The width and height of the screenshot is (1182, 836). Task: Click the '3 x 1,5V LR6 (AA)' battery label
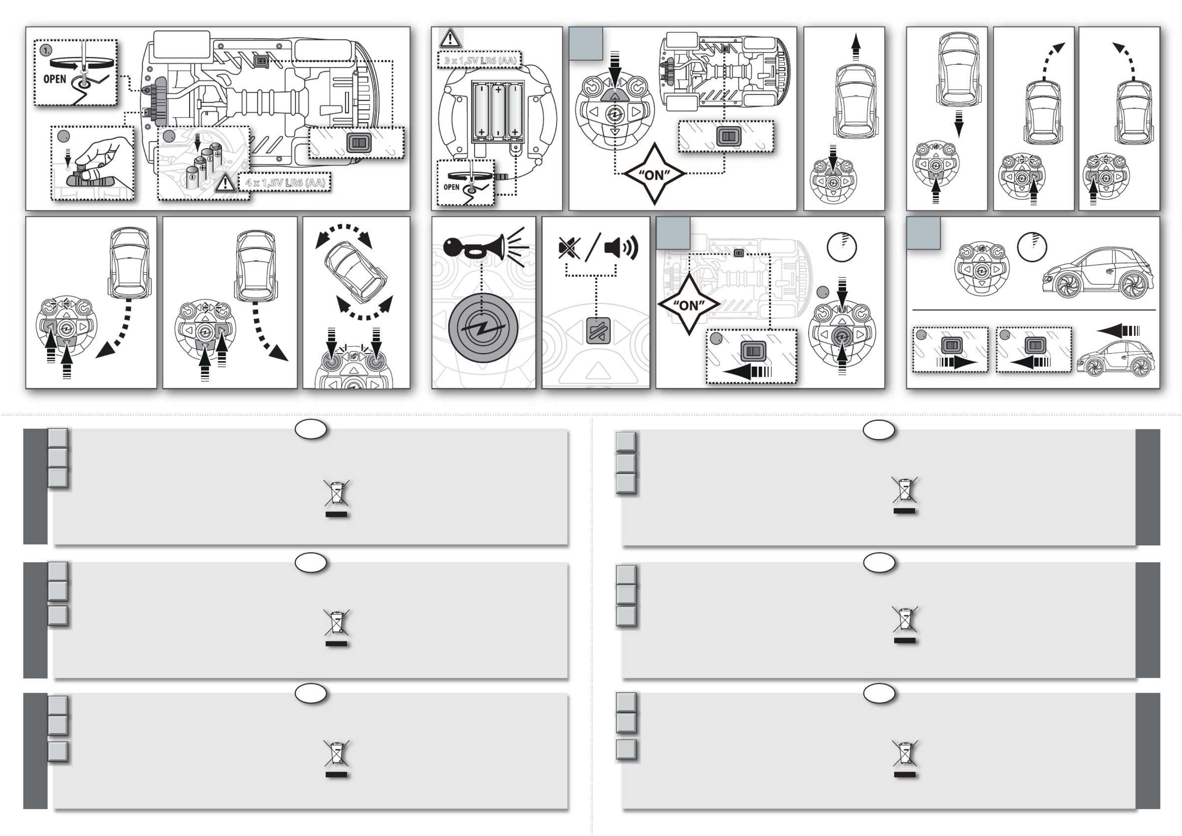click(x=480, y=61)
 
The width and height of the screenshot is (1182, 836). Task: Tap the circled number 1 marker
click(x=46, y=51)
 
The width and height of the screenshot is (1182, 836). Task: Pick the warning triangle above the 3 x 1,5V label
click(x=450, y=38)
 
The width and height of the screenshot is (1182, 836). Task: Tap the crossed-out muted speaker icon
click(x=569, y=248)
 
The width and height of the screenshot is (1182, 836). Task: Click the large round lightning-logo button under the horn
click(x=482, y=328)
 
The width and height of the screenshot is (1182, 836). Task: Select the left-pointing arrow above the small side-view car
click(x=1118, y=330)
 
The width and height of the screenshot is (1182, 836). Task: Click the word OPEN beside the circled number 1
click(x=55, y=79)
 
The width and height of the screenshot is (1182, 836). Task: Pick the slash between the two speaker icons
click(x=593, y=247)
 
